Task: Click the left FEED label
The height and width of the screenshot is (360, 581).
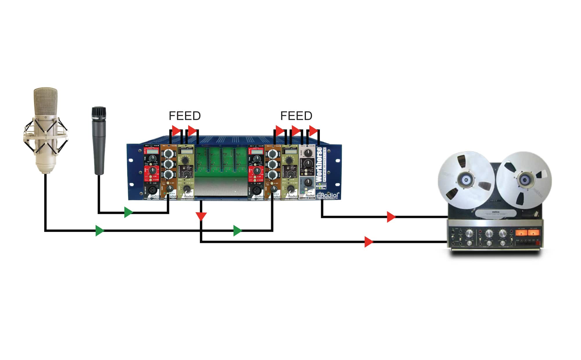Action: click(185, 116)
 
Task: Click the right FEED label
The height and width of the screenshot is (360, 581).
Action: click(296, 116)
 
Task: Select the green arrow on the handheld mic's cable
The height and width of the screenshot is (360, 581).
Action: click(128, 212)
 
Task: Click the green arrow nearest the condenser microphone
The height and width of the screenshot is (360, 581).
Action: click(100, 231)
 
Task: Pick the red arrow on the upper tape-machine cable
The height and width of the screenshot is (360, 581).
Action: click(391, 217)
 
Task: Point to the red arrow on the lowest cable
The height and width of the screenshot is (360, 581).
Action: click(369, 242)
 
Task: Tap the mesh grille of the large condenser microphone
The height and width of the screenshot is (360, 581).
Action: click(45, 102)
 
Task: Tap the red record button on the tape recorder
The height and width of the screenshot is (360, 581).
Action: click(537, 243)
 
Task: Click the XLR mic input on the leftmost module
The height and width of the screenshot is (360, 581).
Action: click(152, 190)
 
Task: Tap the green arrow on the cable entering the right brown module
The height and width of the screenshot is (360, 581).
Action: click(237, 231)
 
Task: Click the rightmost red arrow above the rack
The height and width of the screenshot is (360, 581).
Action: click(313, 131)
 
